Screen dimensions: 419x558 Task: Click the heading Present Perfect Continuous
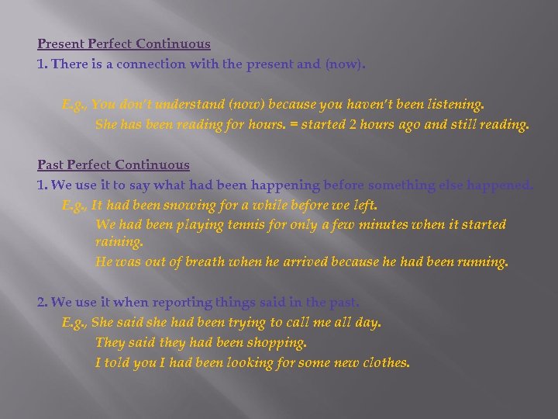pos(124,44)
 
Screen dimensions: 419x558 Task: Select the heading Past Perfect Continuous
pos(113,164)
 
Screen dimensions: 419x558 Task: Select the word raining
pos(119,242)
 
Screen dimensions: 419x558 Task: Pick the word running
pos(480,262)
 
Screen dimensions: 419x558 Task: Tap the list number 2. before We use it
pos(43,301)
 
